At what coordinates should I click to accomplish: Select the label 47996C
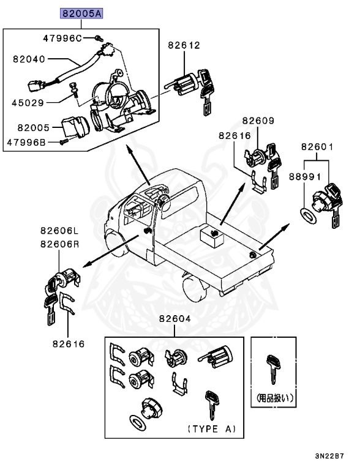coord(62,38)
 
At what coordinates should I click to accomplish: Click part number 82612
coord(184,45)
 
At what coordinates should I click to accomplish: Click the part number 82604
coord(175,319)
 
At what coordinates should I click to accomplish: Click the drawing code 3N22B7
coord(329,457)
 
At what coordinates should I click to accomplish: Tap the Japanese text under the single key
coord(274,397)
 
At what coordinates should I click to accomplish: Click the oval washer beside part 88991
coord(307,215)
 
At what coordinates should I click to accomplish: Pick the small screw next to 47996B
coord(64,142)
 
